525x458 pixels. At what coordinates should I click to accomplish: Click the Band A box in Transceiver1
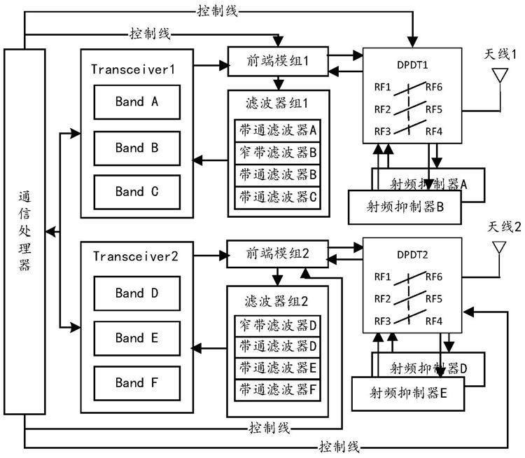click(x=136, y=102)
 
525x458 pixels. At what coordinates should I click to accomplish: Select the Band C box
click(x=136, y=191)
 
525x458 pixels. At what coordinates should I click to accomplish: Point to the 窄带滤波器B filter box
click(x=278, y=150)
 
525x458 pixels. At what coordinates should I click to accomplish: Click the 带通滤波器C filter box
click(x=278, y=196)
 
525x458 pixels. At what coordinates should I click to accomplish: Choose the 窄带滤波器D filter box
click(x=278, y=324)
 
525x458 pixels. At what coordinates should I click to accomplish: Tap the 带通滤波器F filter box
click(x=278, y=389)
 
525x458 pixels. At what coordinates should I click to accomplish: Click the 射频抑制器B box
click(x=404, y=206)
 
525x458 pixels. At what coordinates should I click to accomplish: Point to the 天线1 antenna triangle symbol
click(x=500, y=76)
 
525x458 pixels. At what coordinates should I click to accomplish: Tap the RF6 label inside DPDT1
click(x=433, y=88)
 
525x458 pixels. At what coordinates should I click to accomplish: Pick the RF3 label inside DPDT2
click(x=381, y=321)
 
